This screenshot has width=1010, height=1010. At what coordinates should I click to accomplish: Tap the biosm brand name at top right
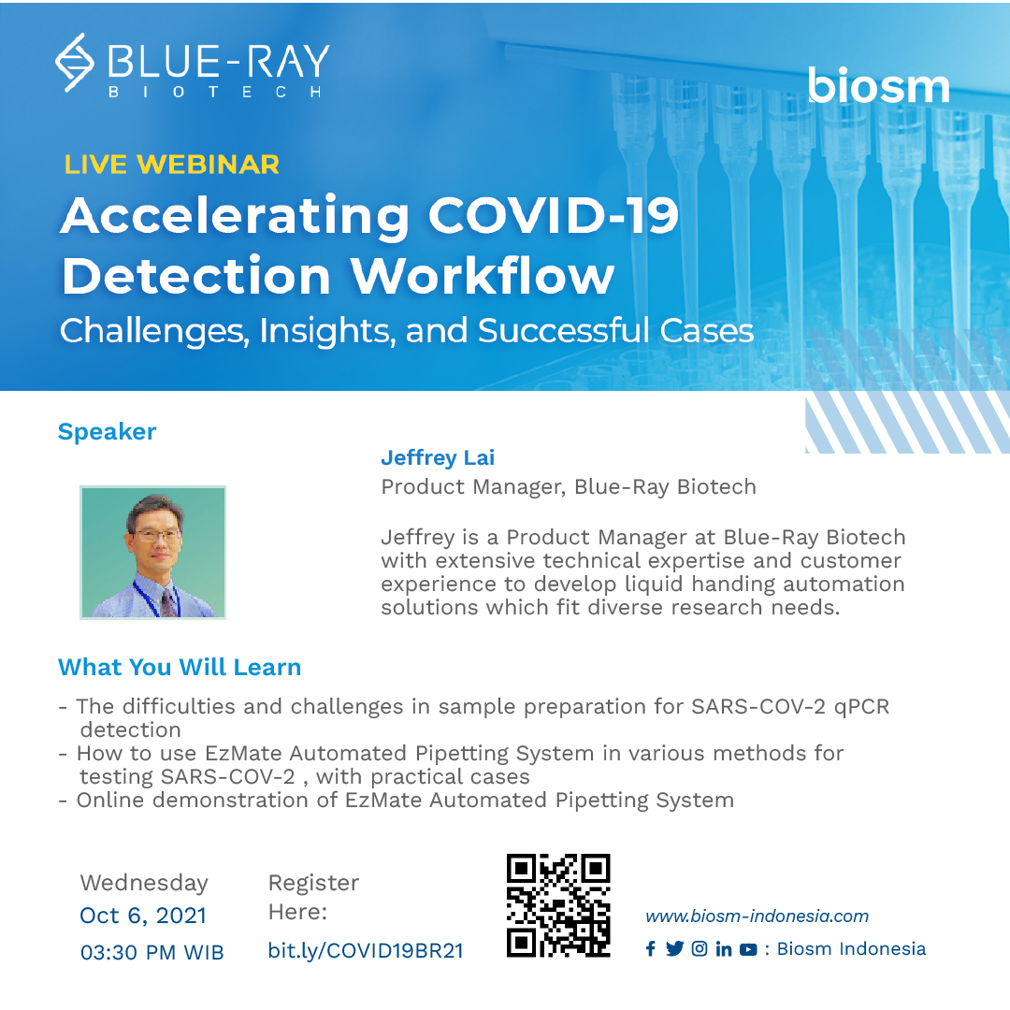click(878, 86)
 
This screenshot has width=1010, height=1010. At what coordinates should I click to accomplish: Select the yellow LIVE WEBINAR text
click(171, 165)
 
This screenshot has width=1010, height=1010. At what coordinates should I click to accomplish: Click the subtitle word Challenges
click(153, 331)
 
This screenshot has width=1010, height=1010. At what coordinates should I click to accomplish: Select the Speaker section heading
click(107, 431)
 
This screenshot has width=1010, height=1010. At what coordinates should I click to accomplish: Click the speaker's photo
click(152, 552)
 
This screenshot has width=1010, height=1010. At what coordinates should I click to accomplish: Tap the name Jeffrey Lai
click(438, 457)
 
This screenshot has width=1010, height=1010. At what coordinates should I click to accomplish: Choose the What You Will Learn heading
click(180, 667)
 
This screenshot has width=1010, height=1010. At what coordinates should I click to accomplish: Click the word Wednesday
click(144, 883)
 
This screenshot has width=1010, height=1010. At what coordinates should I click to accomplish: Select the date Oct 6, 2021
click(143, 916)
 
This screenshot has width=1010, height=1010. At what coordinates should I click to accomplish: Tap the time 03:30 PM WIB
click(151, 952)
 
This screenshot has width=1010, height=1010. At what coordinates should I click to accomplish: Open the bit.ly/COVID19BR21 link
click(366, 950)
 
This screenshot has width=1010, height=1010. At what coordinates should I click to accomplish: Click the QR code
click(558, 905)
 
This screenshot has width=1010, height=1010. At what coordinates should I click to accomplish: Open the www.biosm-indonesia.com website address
click(757, 916)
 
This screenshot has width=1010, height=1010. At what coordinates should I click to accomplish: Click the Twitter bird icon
click(675, 949)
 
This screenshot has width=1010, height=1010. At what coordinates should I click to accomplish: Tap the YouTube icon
click(748, 949)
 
